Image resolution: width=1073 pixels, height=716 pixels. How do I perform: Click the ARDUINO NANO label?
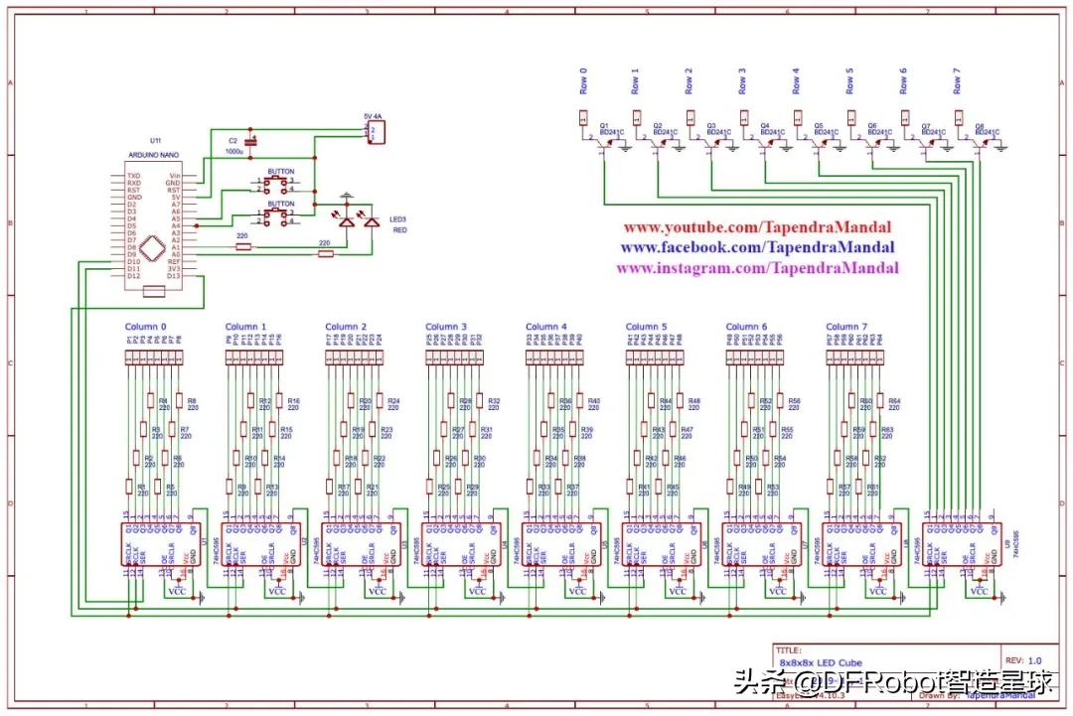pyautogui.click(x=153, y=156)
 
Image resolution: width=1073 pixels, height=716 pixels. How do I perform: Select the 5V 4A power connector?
pyautogui.click(x=375, y=132)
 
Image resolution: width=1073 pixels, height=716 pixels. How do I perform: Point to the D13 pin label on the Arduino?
pyautogui.click(x=174, y=276)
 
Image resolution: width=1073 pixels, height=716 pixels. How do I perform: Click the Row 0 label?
pyautogui.click(x=584, y=78)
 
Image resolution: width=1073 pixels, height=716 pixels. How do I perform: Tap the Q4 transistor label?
pyautogui.click(x=765, y=125)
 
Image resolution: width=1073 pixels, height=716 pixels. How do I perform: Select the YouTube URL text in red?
pyautogui.click(x=757, y=227)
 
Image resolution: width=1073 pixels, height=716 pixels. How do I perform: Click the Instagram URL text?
pyautogui.click(x=757, y=268)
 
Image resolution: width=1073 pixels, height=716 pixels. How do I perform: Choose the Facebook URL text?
pyautogui.click(x=757, y=247)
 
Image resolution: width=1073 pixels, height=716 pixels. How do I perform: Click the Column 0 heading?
pyautogui.click(x=146, y=327)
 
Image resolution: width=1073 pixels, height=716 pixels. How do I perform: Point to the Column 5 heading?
pyautogui.click(x=647, y=327)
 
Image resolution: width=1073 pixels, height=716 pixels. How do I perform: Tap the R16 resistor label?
pyautogui.click(x=293, y=400)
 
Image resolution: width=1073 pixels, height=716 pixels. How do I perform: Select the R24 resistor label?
pyautogui.click(x=393, y=400)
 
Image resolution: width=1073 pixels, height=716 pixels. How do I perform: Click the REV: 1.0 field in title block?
pyautogui.click(x=1023, y=659)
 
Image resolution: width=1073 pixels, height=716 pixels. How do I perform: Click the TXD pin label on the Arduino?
pyautogui.click(x=133, y=176)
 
